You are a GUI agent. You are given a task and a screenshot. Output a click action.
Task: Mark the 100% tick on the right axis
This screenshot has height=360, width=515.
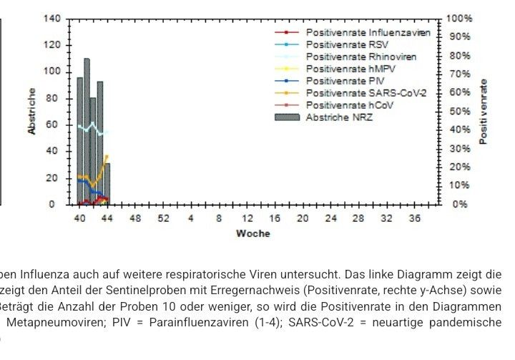point(458,19)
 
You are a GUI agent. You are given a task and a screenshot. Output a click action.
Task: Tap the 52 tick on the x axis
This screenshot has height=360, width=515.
point(163,218)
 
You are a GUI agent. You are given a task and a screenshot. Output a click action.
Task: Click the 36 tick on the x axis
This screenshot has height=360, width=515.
point(414,218)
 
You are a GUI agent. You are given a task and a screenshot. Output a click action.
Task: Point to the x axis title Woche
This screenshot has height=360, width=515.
point(252,233)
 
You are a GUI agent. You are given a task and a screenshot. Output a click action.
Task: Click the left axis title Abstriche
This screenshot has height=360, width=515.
point(32,111)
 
